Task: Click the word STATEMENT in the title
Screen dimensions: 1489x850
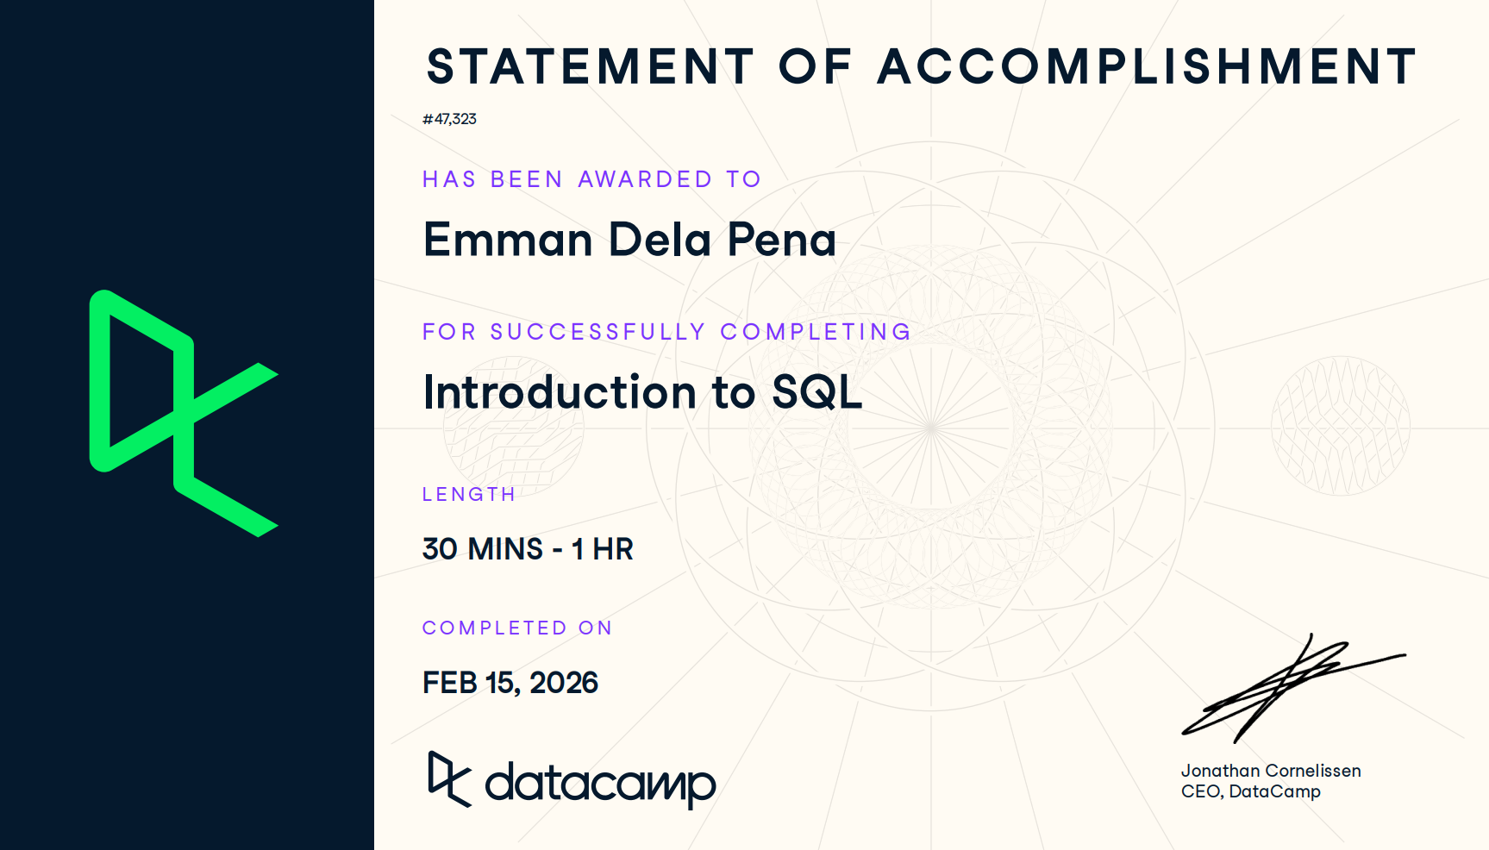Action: [591, 66]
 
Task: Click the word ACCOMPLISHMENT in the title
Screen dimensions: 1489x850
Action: [1148, 66]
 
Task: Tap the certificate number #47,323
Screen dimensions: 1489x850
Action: [449, 119]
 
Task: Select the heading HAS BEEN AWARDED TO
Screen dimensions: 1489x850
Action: [591, 179]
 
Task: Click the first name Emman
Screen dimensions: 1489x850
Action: [508, 240]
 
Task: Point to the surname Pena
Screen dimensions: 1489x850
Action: [781, 240]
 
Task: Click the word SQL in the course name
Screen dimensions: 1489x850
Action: [816, 393]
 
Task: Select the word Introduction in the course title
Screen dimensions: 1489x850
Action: [560, 392]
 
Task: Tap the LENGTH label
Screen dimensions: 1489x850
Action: [468, 495]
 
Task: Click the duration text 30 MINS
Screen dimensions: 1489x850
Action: [483, 549]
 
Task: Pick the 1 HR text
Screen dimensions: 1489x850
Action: [603, 549]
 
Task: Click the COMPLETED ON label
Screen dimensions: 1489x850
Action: [517, 628]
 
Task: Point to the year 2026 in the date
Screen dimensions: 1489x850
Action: [564, 683]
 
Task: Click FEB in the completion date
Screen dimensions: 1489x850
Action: [450, 683]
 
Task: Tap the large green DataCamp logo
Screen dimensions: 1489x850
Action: [184, 414]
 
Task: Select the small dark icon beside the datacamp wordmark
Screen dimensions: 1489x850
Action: [449, 779]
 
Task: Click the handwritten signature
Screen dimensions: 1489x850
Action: [1293, 689]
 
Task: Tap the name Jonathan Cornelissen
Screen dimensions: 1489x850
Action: [1271, 771]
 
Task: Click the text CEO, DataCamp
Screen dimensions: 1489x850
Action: [1250, 791]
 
